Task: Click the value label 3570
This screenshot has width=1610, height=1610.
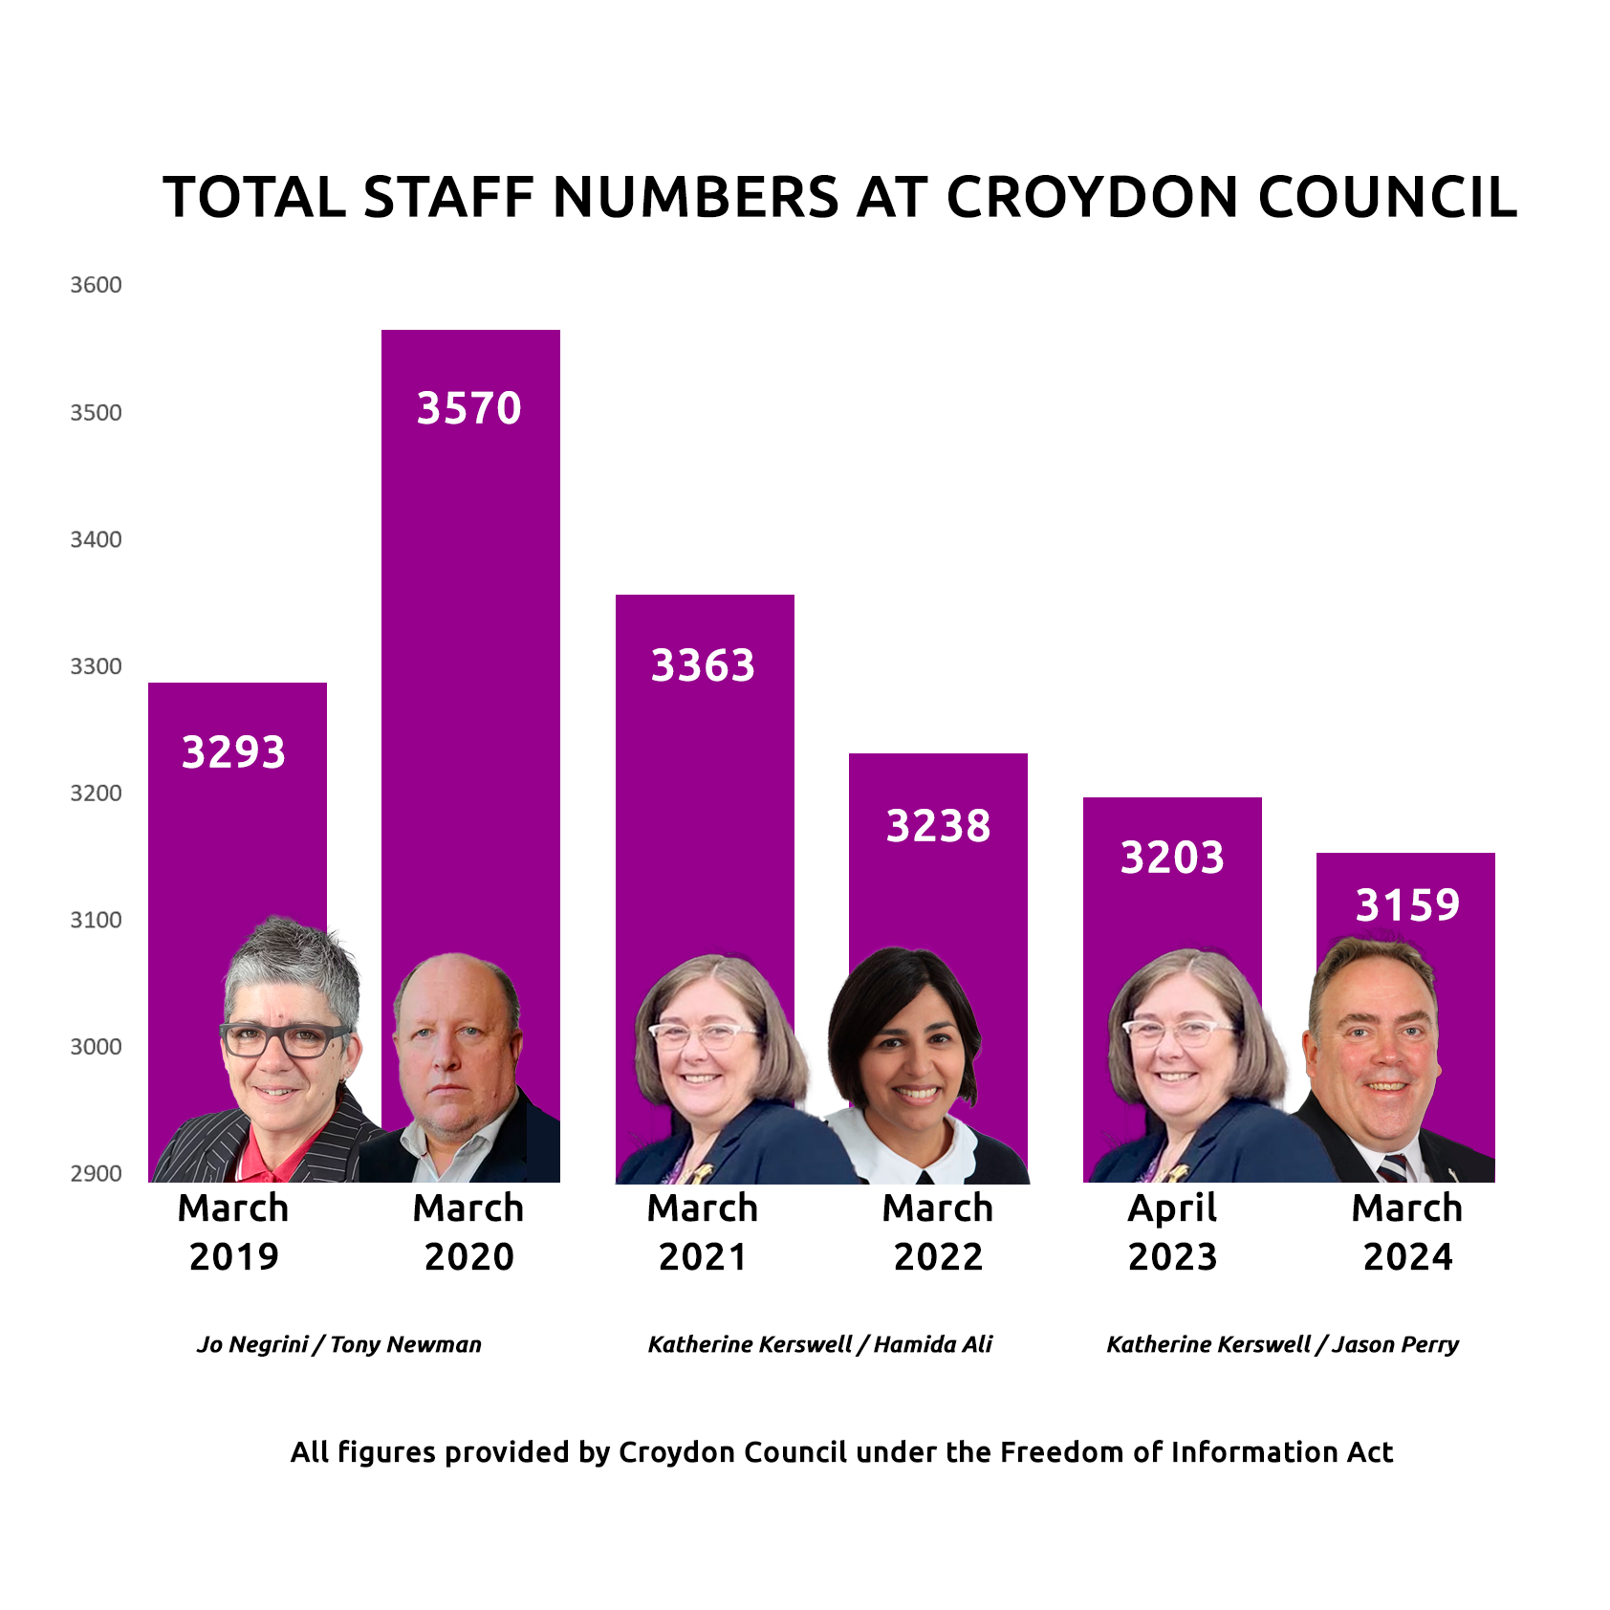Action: tap(468, 408)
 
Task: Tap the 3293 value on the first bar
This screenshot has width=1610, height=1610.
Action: tap(234, 752)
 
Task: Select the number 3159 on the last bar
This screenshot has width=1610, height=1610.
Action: tap(1407, 904)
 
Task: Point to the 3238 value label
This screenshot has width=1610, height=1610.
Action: tap(938, 826)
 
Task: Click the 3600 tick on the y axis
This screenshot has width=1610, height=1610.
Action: tap(96, 285)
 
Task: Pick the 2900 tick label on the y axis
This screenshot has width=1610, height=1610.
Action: tap(96, 1174)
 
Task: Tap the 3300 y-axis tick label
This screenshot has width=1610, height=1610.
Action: tap(96, 666)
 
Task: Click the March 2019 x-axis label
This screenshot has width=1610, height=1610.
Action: tap(233, 1232)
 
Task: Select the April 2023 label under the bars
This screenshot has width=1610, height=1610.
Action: tap(1172, 1232)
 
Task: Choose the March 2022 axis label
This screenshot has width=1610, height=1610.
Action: tap(938, 1232)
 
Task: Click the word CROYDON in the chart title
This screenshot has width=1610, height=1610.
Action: tap(1093, 198)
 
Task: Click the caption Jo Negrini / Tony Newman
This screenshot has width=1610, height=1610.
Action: tap(339, 1344)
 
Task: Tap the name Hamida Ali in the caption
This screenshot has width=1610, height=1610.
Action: tap(933, 1344)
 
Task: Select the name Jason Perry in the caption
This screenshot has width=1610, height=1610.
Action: tap(1396, 1344)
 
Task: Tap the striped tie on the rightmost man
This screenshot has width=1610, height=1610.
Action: tap(1394, 1168)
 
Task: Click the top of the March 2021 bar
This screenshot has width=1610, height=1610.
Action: tap(705, 597)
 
